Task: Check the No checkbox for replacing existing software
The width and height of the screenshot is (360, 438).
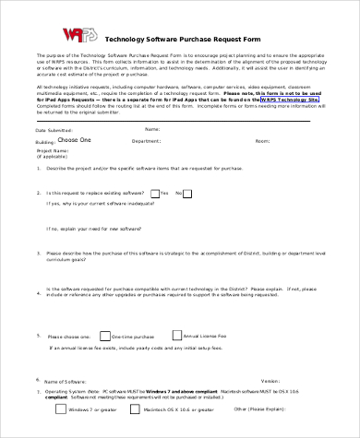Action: coord(186,193)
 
